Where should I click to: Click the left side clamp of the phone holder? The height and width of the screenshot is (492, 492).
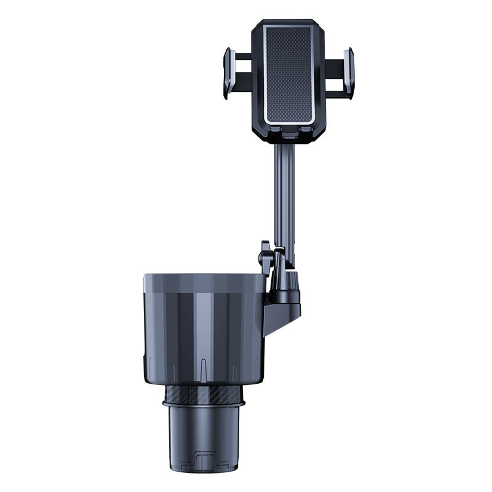tap(229, 73)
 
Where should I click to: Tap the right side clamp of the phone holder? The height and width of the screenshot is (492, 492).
tap(348, 73)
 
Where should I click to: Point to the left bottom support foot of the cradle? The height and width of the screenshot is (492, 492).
tap(276, 131)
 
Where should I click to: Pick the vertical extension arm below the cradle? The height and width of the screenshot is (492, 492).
tap(284, 191)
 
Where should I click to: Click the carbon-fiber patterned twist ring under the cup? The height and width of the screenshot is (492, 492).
tap(204, 393)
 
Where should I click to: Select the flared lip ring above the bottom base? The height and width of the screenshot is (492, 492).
tap(204, 404)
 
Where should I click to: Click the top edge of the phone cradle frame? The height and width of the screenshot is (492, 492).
tap(288, 22)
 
